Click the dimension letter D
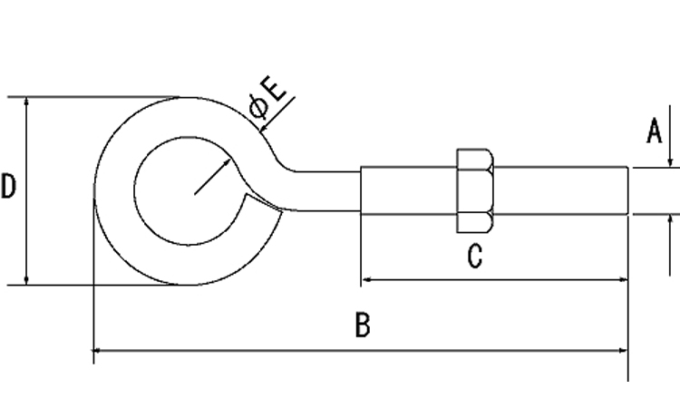coord(8,186)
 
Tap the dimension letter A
coord(655,131)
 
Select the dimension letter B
coord(363,325)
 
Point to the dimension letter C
coord(475,256)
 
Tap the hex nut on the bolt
coord(475,190)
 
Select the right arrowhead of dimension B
coord(623,350)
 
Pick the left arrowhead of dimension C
coord(365,279)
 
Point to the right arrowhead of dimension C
coord(623,279)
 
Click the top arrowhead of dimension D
coord(26,102)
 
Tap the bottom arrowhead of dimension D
coord(26,280)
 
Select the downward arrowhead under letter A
coord(670,162)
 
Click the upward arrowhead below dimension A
coord(670,219)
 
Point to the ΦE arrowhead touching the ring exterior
coord(263,127)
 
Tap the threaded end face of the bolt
coord(627,190)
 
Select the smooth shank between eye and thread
coord(328,191)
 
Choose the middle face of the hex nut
coord(475,190)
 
